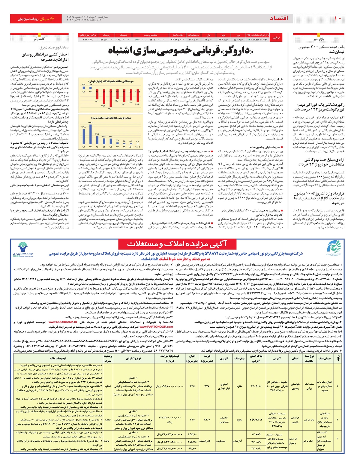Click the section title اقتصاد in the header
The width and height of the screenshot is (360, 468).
click(x=279, y=19)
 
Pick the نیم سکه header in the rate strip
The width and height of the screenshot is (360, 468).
click(x=123, y=35)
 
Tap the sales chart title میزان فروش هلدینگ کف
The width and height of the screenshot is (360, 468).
click(x=111, y=118)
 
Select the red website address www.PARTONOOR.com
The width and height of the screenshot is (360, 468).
click(x=156, y=327)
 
